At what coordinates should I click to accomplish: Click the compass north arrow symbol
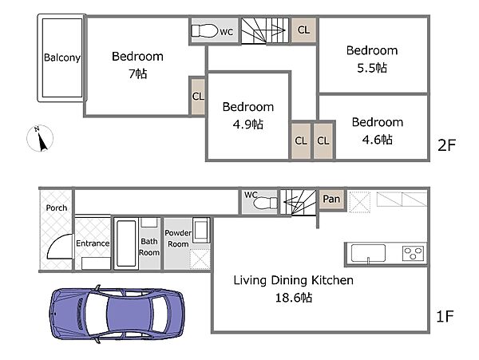click(x=40, y=138)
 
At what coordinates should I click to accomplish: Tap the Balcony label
click(x=62, y=57)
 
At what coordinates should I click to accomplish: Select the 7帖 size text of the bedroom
click(x=138, y=73)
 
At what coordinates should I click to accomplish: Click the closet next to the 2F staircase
click(x=303, y=30)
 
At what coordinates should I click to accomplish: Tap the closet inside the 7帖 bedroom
click(x=198, y=97)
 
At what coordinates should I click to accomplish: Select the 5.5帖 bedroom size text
click(x=372, y=68)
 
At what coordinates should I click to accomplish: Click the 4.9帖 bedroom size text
click(x=247, y=125)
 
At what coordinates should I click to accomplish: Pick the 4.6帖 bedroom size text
click(x=378, y=140)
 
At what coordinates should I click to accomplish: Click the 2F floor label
click(x=446, y=144)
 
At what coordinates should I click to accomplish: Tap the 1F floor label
click(x=445, y=316)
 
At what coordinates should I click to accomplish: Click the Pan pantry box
click(x=331, y=199)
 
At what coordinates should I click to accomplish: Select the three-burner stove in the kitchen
click(x=413, y=253)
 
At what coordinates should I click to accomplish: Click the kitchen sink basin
click(x=368, y=253)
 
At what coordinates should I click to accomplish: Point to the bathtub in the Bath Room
click(x=126, y=243)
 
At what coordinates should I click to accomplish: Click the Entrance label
click(x=93, y=243)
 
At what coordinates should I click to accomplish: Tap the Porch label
click(x=57, y=208)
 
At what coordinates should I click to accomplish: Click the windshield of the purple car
click(x=97, y=313)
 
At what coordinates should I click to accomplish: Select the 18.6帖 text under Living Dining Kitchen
click(x=294, y=297)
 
